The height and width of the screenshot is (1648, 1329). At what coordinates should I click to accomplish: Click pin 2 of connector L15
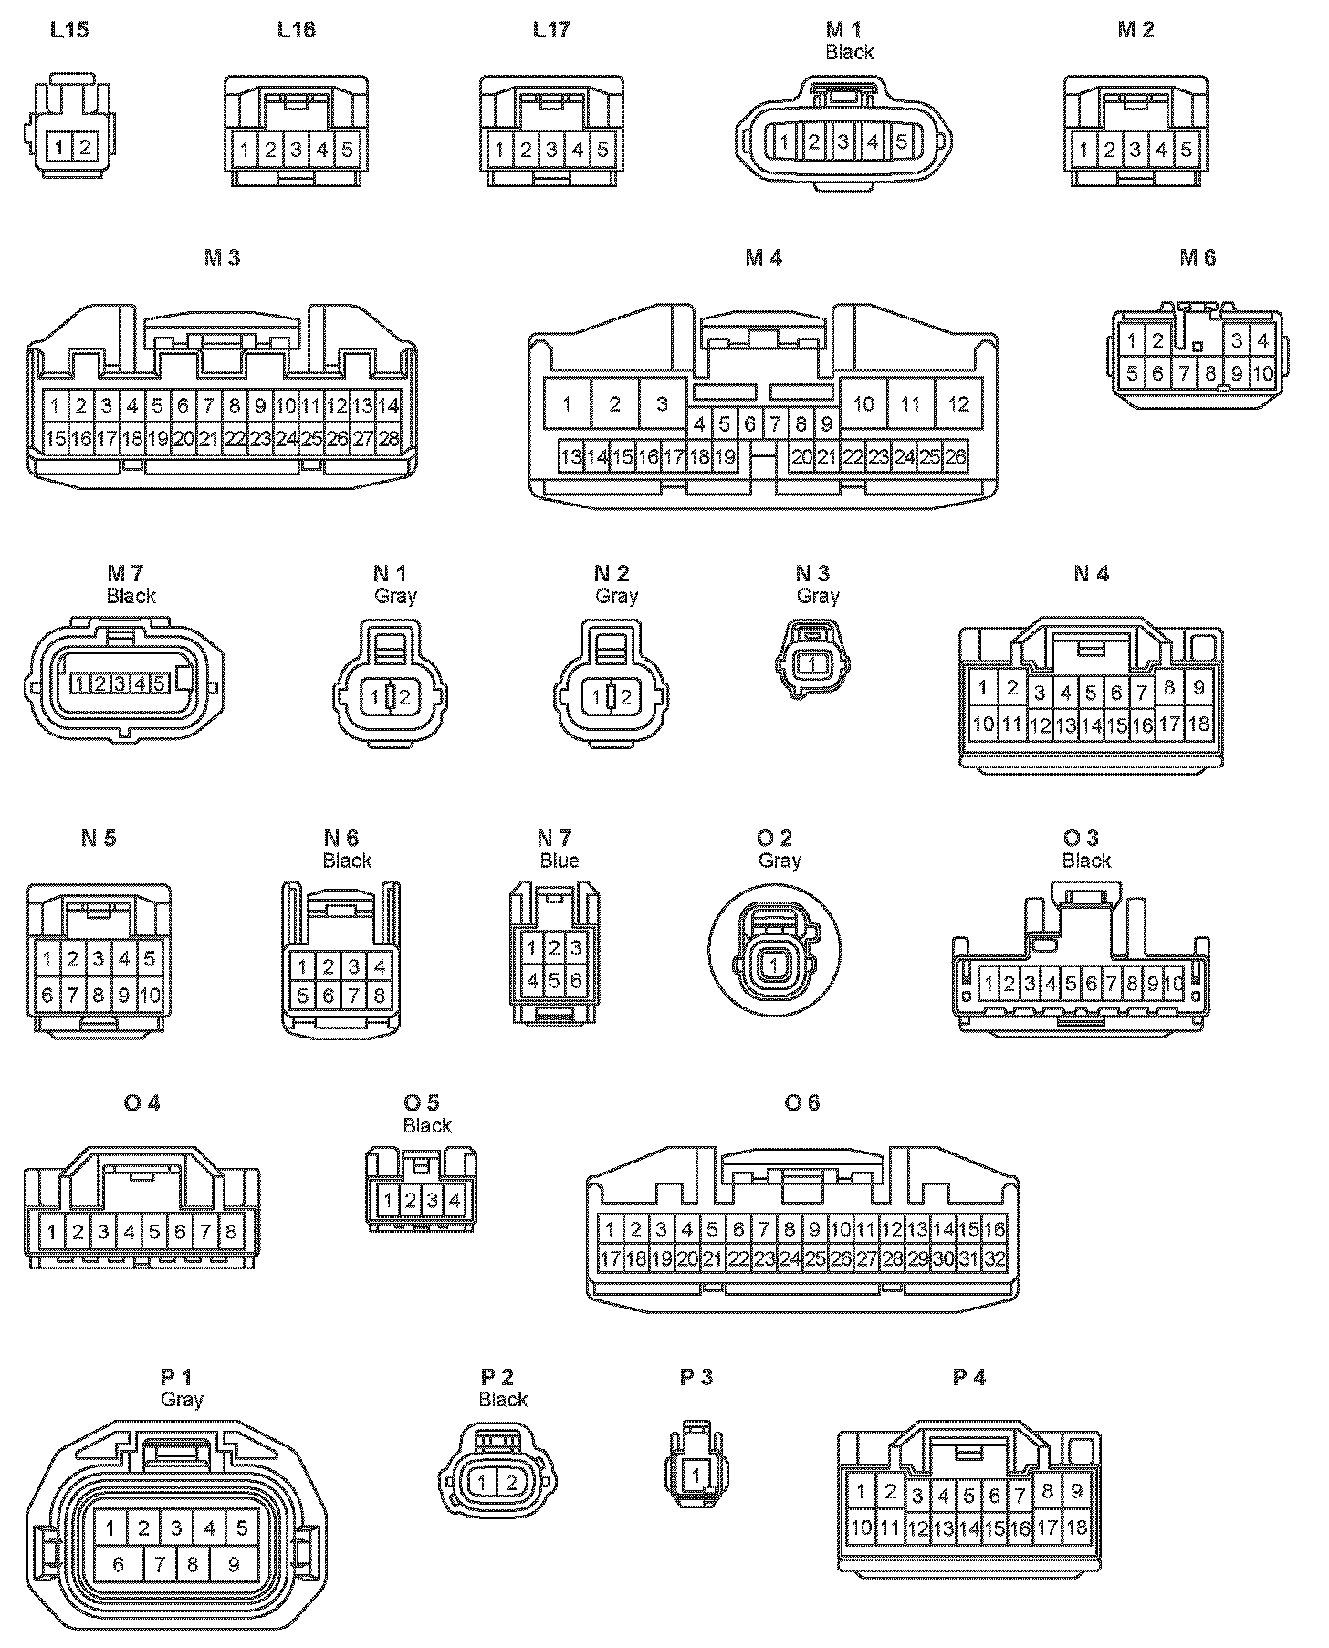click(x=85, y=146)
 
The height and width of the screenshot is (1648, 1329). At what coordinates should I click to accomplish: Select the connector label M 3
click(x=222, y=258)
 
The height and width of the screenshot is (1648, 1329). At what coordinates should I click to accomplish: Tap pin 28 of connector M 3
click(x=389, y=439)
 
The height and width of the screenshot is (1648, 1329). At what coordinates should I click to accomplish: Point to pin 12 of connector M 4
click(x=958, y=403)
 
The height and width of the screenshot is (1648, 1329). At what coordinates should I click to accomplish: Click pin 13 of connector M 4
click(x=571, y=457)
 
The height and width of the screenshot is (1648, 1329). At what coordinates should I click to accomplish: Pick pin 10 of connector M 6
click(x=1263, y=373)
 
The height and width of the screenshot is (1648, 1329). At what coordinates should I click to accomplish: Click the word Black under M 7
click(x=131, y=597)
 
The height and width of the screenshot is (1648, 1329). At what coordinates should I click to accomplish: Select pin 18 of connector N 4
click(x=1198, y=724)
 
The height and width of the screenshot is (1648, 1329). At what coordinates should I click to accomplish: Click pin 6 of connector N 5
click(x=47, y=995)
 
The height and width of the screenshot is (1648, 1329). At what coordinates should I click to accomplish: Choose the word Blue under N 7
click(x=559, y=861)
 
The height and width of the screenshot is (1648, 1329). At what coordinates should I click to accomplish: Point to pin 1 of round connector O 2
click(x=774, y=965)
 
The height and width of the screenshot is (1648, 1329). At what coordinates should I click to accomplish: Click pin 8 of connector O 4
click(x=231, y=1233)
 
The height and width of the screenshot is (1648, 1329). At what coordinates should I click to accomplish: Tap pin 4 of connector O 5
click(x=455, y=1201)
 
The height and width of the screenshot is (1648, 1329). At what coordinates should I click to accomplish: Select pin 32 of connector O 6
click(x=994, y=1259)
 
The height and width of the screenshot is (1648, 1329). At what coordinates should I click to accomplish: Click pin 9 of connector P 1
click(x=234, y=1565)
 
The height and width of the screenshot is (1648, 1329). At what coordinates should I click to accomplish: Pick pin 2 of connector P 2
click(x=510, y=1483)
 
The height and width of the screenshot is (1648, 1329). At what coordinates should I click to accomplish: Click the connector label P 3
click(x=696, y=1377)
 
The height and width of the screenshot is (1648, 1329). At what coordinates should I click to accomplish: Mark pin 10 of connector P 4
click(x=861, y=1528)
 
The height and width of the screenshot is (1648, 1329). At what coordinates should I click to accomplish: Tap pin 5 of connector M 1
click(x=901, y=141)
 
